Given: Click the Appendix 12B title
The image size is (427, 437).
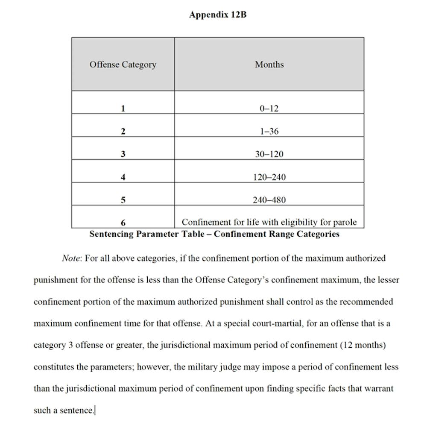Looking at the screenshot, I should [x=218, y=15].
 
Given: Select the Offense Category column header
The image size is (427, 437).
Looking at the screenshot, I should [x=123, y=65].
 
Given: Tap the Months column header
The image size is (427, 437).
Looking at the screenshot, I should [x=269, y=65].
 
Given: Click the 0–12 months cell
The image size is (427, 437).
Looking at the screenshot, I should [x=269, y=109].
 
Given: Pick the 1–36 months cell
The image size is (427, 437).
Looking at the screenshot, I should [x=269, y=131].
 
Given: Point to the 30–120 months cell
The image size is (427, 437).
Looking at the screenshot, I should [x=269, y=154].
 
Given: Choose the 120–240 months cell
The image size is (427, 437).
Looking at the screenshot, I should [x=269, y=177].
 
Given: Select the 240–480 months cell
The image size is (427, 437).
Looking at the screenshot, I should [x=269, y=199].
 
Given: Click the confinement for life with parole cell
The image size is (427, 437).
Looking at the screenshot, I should [x=269, y=222].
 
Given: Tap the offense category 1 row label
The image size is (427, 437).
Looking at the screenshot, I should [x=123, y=109].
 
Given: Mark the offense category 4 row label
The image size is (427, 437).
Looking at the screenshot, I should [x=123, y=177].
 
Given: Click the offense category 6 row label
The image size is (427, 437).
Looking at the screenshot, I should [x=123, y=223].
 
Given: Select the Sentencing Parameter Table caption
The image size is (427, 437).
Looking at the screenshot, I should [x=214, y=234].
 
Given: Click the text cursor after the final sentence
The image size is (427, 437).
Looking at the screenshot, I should [x=95, y=411].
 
